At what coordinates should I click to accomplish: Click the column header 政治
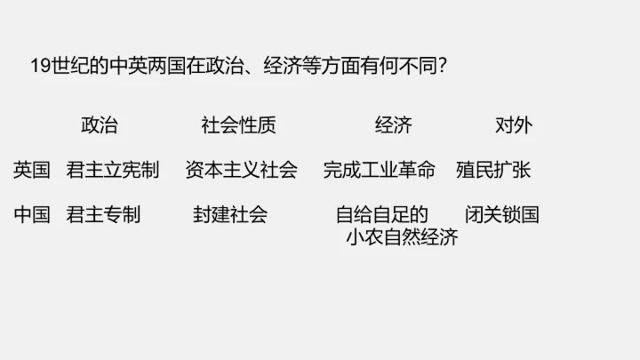pos(99,125)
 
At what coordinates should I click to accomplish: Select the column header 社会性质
pos(238,125)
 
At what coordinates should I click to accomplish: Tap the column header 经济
pos(393,125)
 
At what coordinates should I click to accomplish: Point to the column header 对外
pos(513,125)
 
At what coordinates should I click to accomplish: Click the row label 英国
pos(31,170)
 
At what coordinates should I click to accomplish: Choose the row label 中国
pos(31,214)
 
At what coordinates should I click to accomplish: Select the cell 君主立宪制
pos(112,170)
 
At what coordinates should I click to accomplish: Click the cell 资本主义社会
pos(241,170)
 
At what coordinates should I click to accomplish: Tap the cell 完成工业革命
pos(379,170)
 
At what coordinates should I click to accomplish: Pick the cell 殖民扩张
pos(492,170)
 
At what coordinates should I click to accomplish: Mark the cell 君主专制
pos(103,214)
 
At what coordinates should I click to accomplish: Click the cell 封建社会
pos(230,214)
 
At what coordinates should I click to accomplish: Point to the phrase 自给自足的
pos(382,214)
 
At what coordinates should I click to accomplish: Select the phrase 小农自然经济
pos(402,237)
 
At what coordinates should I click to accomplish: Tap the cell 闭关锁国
pos(501,214)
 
